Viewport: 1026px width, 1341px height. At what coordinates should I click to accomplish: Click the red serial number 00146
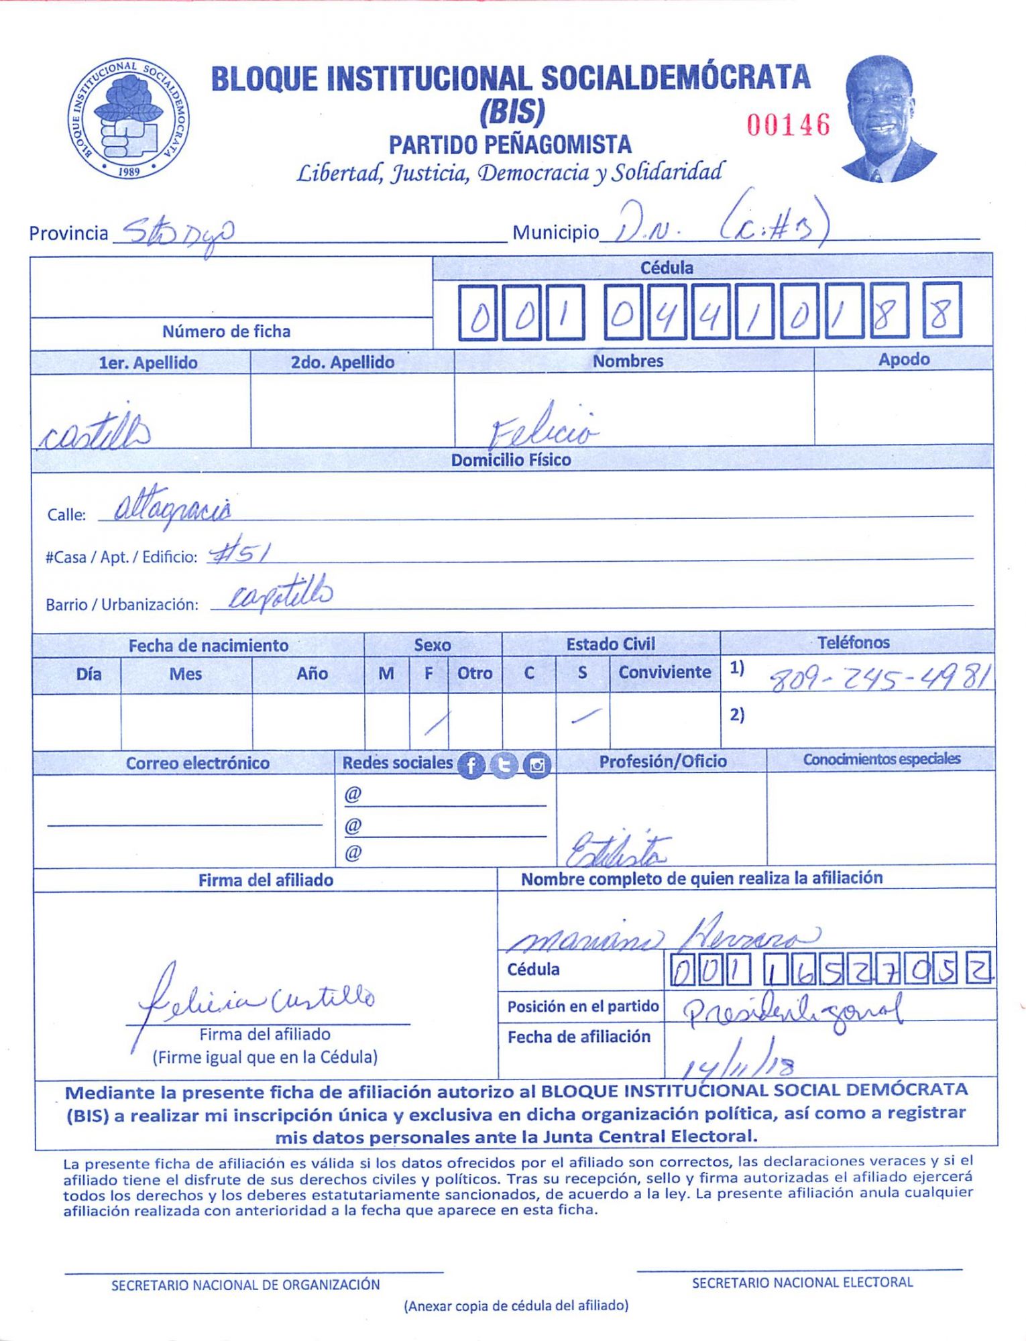pos(788,125)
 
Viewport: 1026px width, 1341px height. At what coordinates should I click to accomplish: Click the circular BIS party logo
pos(128,119)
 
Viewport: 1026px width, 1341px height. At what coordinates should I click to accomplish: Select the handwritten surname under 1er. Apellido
pos(95,429)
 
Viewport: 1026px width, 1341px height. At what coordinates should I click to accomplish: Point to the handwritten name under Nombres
pos(543,426)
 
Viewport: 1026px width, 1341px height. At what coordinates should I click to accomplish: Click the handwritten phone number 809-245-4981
pos(878,680)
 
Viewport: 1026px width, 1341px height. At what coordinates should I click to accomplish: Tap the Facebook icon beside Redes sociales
pos(471,765)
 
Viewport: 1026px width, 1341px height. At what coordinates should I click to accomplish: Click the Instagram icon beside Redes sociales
pos(536,765)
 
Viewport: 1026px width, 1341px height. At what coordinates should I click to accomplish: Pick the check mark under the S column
pos(585,717)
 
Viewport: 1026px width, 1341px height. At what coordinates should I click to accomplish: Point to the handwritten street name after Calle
pos(172,510)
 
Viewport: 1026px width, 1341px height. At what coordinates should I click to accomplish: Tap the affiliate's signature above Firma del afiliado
pos(255,999)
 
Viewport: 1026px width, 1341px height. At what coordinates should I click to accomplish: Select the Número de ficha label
pos(226,331)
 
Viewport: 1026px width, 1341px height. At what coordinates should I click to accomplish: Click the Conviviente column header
pos(664,672)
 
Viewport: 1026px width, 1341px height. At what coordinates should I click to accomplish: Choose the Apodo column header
pos(903,359)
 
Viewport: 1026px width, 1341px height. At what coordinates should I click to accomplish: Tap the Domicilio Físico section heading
pos(510,460)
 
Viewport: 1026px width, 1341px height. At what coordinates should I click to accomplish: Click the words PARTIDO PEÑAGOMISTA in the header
pos(510,144)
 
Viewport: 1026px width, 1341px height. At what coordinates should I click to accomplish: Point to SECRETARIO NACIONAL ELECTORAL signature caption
pos(802,1283)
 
